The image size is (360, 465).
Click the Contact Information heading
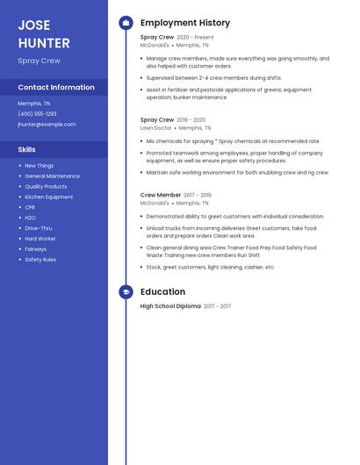pos(56,88)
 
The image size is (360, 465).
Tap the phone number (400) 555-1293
pos(37,114)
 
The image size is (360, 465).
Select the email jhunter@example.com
pos(47,125)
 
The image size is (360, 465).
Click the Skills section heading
pos(26,150)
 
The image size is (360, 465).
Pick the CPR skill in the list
pos(30,207)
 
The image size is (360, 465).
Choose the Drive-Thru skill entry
pos(38,228)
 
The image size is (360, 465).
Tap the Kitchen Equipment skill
pos(48,197)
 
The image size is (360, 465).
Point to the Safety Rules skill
pos(40,260)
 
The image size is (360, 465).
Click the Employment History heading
pos(185,23)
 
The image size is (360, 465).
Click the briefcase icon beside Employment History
pos(126,23)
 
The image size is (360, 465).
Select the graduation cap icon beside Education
pos(126,292)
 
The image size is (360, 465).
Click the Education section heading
pos(162,292)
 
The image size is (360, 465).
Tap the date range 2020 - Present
pos(195,38)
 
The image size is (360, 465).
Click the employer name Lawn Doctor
pos(156,128)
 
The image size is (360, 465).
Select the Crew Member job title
pos(161,195)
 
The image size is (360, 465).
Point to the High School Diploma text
pos(170,306)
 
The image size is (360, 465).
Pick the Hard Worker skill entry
pos(40,239)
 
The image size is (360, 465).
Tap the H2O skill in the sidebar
pos(30,218)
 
